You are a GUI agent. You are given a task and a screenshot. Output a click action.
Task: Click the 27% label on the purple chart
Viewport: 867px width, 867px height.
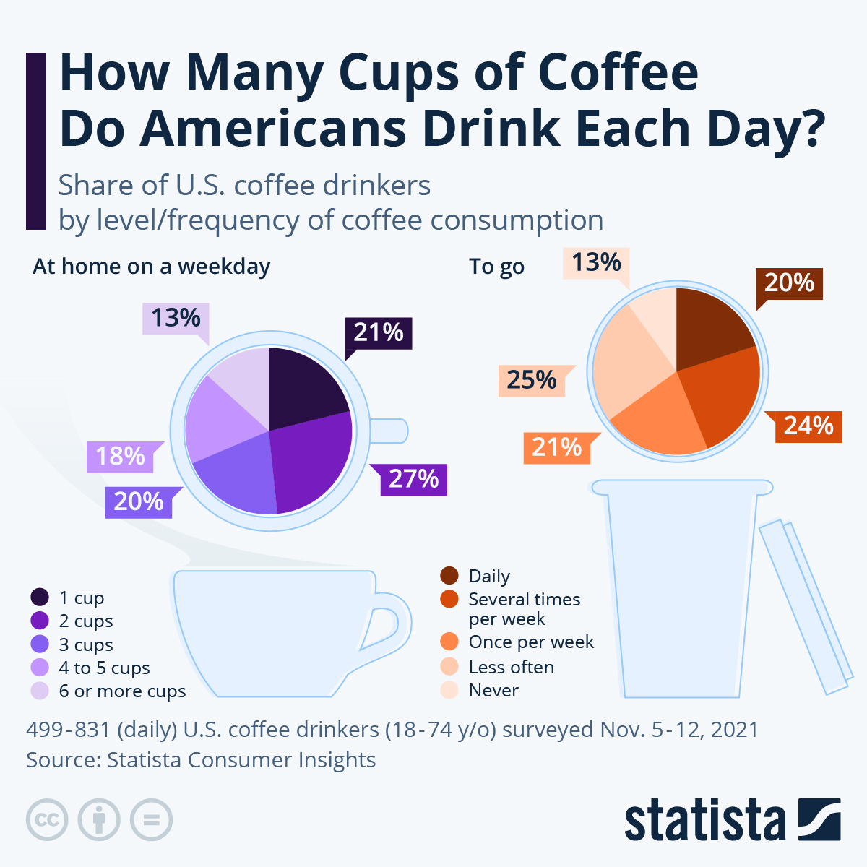(414, 479)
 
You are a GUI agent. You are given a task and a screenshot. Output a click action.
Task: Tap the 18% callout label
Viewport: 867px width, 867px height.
(120, 457)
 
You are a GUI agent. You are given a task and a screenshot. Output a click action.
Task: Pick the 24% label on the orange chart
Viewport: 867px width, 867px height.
(808, 426)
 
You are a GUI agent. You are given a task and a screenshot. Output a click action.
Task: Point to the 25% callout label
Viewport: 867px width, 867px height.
(532, 380)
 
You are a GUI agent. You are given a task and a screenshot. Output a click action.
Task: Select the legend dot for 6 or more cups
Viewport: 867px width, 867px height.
(40, 691)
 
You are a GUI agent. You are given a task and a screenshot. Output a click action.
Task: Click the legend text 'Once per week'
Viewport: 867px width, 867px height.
(531, 642)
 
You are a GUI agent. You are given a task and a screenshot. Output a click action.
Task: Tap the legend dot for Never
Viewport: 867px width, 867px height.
(449, 691)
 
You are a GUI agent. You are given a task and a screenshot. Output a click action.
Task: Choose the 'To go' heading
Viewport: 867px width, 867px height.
(497, 267)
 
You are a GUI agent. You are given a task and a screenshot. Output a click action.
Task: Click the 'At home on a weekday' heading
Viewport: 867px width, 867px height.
(152, 267)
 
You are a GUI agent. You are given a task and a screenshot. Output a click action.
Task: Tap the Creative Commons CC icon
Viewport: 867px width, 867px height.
(47, 820)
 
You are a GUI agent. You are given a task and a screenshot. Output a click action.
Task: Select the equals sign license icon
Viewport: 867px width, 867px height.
(152, 820)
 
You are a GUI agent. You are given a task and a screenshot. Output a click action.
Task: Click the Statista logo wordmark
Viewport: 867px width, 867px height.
(704, 821)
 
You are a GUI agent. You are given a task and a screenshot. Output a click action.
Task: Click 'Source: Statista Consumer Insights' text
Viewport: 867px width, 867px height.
(201, 760)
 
